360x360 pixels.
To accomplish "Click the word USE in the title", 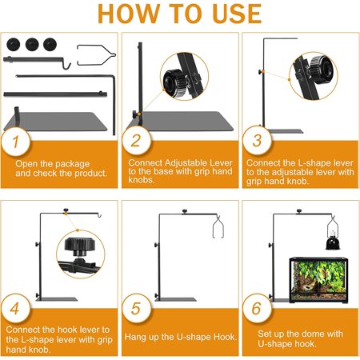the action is tap(238, 14).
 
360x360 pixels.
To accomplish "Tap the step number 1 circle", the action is tap(15, 141).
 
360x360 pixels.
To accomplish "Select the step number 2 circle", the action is tap(136, 141).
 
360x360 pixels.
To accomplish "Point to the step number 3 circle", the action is tap(257, 141).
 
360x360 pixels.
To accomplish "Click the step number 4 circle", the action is tap(15, 308).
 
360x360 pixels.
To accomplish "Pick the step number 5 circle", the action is tap(136, 308).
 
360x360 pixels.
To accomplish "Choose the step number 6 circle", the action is tap(257, 308).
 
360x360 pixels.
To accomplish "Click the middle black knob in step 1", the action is tap(32, 44).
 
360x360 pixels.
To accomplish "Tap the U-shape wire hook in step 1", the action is tap(96, 55).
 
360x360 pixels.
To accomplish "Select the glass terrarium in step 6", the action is tap(318, 280).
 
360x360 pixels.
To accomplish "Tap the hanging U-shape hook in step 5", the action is tap(218, 226).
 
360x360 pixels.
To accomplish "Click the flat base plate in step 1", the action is tap(56, 122).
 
